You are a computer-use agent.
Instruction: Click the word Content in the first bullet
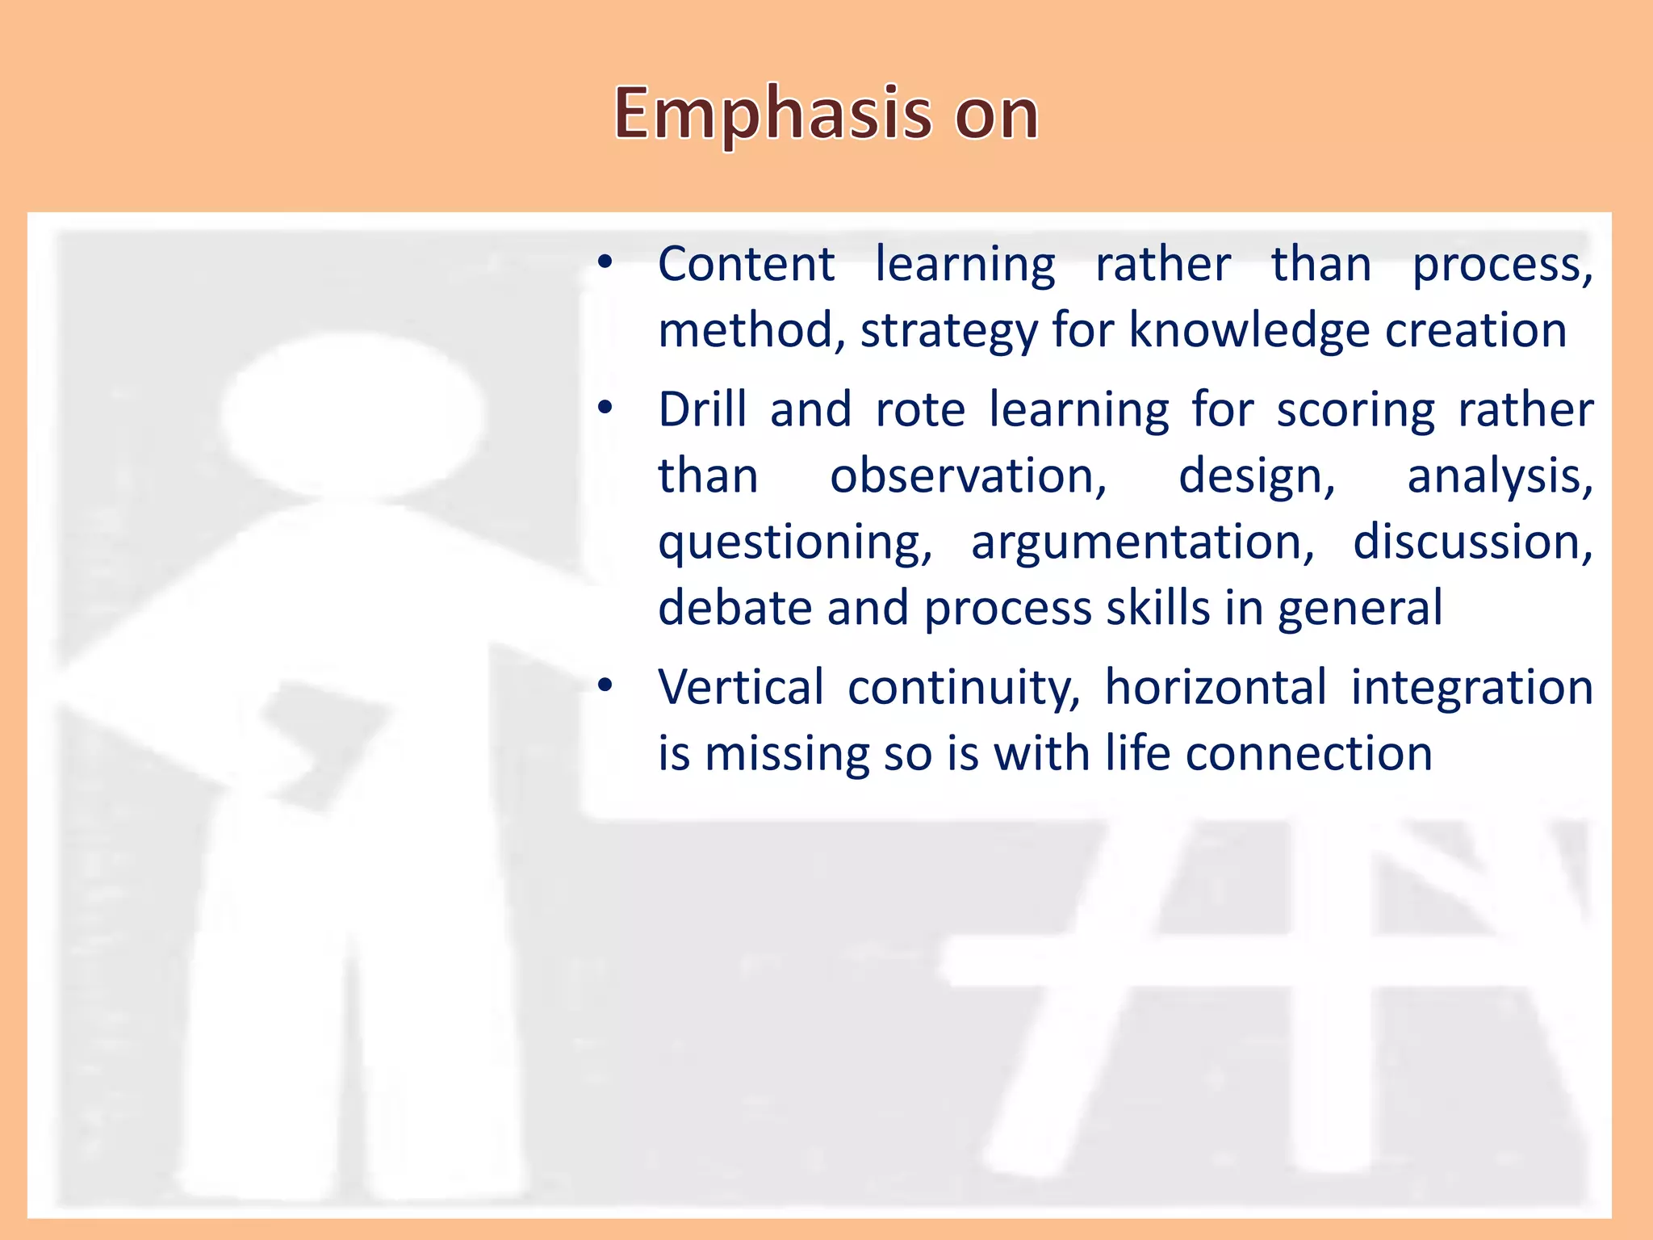click(x=746, y=265)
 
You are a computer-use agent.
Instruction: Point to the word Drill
click(x=702, y=409)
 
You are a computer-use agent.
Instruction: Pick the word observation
click(x=968, y=476)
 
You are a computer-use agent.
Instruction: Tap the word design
click(x=1256, y=476)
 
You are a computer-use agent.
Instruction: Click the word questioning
click(x=794, y=542)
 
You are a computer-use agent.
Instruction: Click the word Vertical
click(x=741, y=688)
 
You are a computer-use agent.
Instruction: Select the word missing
click(x=787, y=754)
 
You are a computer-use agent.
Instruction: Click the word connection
click(x=1308, y=754)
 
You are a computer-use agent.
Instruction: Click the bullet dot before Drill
click(x=605, y=408)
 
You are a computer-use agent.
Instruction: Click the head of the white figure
click(x=353, y=416)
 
